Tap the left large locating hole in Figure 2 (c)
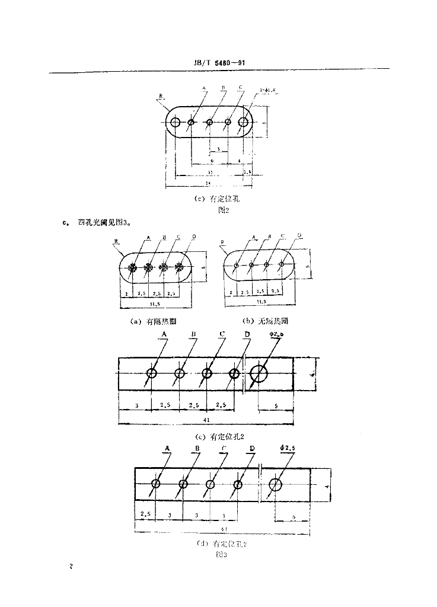pyautogui.click(x=176, y=123)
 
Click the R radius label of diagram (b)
pyautogui.click(x=221, y=242)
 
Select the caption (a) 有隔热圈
pyautogui.click(x=153, y=321)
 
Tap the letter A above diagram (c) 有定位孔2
pyautogui.click(x=164, y=334)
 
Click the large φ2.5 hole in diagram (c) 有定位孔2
pyautogui.click(x=259, y=373)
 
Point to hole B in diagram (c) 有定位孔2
pyautogui.click(x=180, y=373)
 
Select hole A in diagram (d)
pyautogui.click(x=156, y=484)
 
